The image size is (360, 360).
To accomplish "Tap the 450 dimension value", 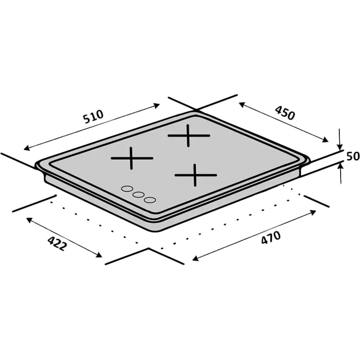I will [x=285, y=113].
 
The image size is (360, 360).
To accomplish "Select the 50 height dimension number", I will [x=353, y=157].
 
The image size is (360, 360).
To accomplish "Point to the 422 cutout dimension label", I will [x=57, y=243].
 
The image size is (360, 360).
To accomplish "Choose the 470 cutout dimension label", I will [x=270, y=238].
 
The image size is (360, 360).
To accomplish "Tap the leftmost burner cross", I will [x=132, y=158].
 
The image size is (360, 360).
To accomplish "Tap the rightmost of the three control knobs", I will [x=150, y=199].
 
